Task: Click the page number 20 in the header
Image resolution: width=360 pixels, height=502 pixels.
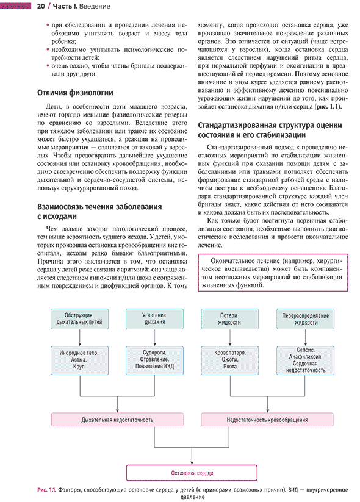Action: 41,6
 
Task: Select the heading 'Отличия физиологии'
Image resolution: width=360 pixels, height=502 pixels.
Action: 75,93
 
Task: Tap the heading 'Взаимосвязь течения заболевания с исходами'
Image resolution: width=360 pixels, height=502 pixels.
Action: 99,211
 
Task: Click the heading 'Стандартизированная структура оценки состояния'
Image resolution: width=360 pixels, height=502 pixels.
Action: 270,130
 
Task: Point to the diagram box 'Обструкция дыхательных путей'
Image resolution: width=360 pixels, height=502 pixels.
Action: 79,319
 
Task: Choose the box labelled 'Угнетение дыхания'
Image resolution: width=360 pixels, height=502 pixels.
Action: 154,319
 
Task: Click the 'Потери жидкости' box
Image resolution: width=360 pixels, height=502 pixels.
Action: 229,319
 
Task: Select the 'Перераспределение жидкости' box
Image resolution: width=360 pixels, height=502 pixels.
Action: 305,319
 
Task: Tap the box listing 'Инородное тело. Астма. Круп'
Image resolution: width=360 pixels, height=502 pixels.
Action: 79,360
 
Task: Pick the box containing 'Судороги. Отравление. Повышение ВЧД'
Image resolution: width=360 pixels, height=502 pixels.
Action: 154,360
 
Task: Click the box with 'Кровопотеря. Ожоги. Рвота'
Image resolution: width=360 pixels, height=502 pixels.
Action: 229,360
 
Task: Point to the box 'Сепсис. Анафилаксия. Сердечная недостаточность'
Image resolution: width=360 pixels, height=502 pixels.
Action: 305,360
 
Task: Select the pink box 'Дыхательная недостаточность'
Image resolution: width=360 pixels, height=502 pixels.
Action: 117,420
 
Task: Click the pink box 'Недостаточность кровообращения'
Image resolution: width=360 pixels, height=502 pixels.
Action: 267,420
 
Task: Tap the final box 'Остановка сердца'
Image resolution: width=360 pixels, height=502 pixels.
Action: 192,473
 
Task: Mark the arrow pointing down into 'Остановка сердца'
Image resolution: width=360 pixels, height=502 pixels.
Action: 192,456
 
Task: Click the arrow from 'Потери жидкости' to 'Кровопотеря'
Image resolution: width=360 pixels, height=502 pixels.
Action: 230,338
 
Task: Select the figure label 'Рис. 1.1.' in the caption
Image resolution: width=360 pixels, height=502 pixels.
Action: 47,490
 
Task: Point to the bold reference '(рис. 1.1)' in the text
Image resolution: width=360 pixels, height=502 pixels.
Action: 328,107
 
